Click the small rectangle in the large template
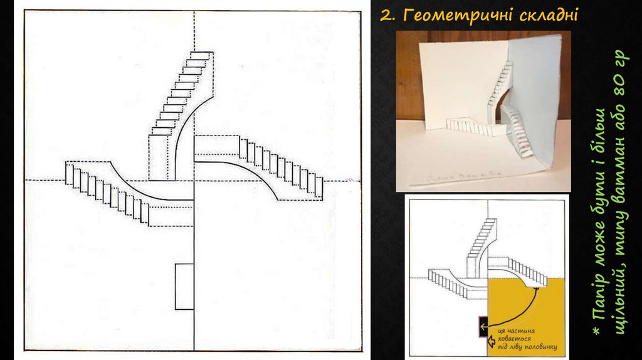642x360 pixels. click(x=184, y=287)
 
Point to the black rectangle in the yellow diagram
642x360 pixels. click(x=482, y=325)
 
